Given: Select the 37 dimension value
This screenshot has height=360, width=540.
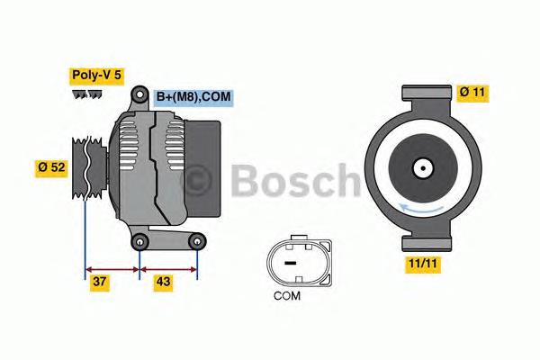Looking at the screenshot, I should coord(101,282).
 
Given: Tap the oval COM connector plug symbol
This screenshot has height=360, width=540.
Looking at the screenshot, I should coord(290,261).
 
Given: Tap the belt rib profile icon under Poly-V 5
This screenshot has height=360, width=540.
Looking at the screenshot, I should coord(87,94).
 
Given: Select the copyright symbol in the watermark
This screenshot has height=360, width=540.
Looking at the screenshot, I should coord(199,181).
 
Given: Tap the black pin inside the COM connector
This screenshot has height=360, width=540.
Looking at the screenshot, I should coord(290,263).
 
